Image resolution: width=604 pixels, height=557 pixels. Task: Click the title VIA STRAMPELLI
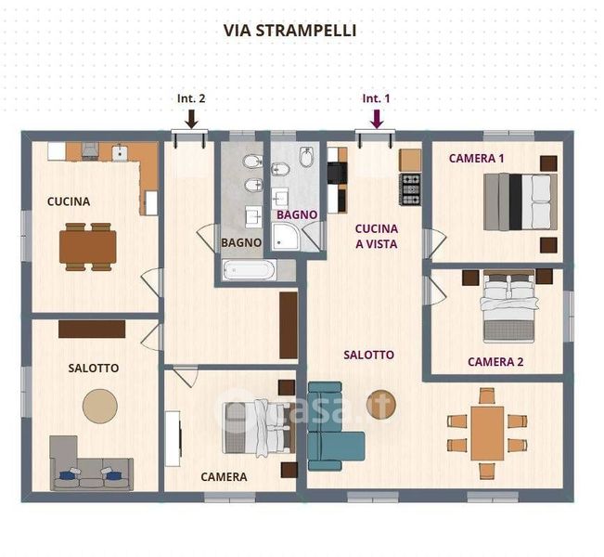(x=289, y=31)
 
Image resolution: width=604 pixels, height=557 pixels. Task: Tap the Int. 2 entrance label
(x=191, y=98)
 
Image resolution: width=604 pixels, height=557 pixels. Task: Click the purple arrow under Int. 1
(x=377, y=119)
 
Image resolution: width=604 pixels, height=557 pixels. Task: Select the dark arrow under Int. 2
(x=191, y=119)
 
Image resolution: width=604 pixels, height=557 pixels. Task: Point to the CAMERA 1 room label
(x=477, y=159)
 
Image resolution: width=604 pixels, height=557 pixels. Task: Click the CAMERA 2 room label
(x=495, y=362)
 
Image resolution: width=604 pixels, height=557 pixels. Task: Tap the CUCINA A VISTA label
(x=377, y=237)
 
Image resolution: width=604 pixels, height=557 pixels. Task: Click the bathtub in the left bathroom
(x=250, y=269)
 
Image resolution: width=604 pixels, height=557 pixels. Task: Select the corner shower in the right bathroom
(x=288, y=237)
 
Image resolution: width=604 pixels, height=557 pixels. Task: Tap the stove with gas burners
(x=410, y=188)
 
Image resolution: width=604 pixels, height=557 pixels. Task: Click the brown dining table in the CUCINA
(x=88, y=247)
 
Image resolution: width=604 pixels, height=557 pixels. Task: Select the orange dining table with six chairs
(x=487, y=434)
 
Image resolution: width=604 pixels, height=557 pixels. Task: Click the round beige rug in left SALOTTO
(x=100, y=407)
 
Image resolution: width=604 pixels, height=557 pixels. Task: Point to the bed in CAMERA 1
(x=520, y=202)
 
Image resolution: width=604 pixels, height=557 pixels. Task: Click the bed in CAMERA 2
(x=508, y=306)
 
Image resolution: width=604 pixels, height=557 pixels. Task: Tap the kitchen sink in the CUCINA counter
(x=120, y=152)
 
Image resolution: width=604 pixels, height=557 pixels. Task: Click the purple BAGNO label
(x=297, y=214)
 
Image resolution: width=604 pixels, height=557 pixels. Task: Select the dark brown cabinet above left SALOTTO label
(x=92, y=329)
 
